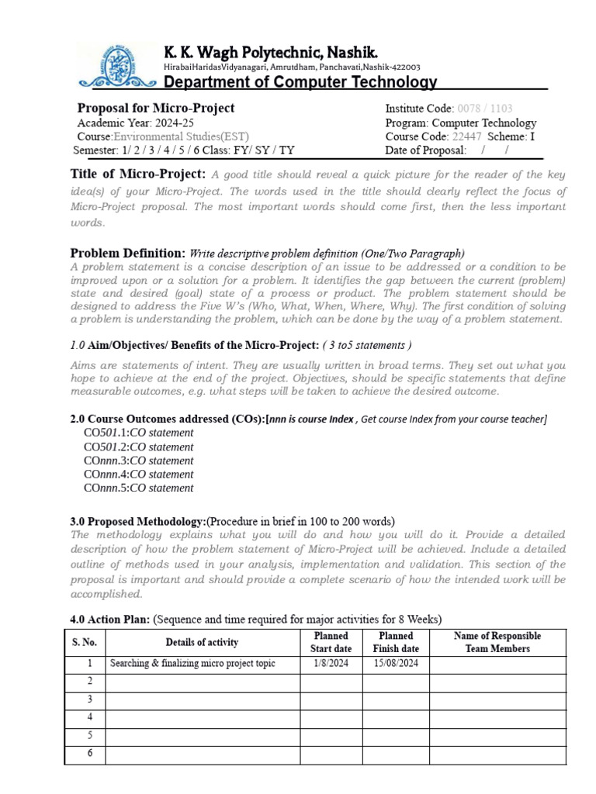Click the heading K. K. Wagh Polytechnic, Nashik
click(x=271, y=52)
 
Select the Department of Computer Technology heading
click(x=300, y=82)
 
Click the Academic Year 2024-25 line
click(x=126, y=123)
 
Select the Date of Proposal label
click(x=425, y=150)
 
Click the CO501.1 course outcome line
click(x=138, y=433)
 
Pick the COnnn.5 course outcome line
click(x=138, y=488)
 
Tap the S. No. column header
click(x=85, y=642)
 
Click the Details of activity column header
click(x=202, y=642)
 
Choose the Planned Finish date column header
click(x=396, y=642)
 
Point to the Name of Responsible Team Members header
click(x=497, y=642)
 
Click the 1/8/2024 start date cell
click(x=331, y=664)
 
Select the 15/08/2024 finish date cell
click(x=396, y=664)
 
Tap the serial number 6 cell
click(x=90, y=753)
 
